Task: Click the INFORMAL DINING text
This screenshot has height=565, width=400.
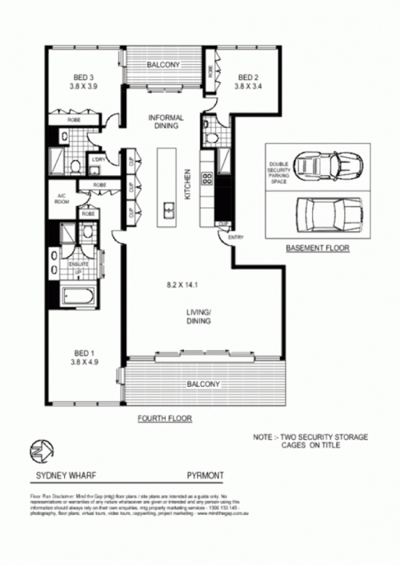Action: coord(166,121)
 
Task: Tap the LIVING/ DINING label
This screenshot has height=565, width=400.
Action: coord(198,316)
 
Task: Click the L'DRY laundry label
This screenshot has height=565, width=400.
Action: coord(97,160)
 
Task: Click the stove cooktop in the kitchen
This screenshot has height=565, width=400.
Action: coord(206,178)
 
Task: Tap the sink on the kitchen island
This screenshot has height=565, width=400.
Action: coord(168,209)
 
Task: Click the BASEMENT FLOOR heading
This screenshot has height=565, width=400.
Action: coord(317,249)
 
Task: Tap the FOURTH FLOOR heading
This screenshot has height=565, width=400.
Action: coord(165,418)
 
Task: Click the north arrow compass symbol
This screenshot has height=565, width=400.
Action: coord(42,450)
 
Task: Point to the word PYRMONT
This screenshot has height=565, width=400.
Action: coord(205,476)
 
